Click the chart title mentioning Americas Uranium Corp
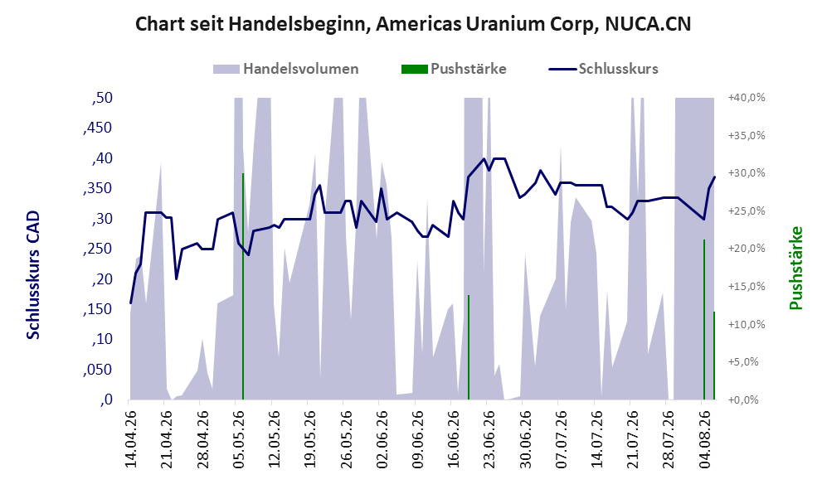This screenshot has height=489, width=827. tap(413, 24)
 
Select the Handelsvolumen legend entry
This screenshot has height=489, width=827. tap(286, 69)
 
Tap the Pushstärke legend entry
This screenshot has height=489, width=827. tap(454, 69)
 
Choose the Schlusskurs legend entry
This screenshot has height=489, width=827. tap(603, 69)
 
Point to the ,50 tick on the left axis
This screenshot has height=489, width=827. tap(102, 98)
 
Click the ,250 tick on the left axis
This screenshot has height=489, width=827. tap(98, 249)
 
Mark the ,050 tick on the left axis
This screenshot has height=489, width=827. tap(98, 370)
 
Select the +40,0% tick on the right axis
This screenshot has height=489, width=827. tap(747, 98)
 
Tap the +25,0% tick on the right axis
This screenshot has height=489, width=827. tap(747, 211)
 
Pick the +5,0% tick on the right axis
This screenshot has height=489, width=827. tap(747, 362)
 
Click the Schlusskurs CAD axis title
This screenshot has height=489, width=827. tap(33, 275)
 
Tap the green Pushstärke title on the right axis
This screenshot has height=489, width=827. tap(795, 268)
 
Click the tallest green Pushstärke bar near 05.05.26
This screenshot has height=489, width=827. tap(243, 286)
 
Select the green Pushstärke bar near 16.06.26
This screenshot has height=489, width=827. tap(469, 347)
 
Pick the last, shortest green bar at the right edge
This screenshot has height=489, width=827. tap(714, 356)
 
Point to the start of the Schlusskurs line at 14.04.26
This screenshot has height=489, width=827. tap(130, 303)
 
